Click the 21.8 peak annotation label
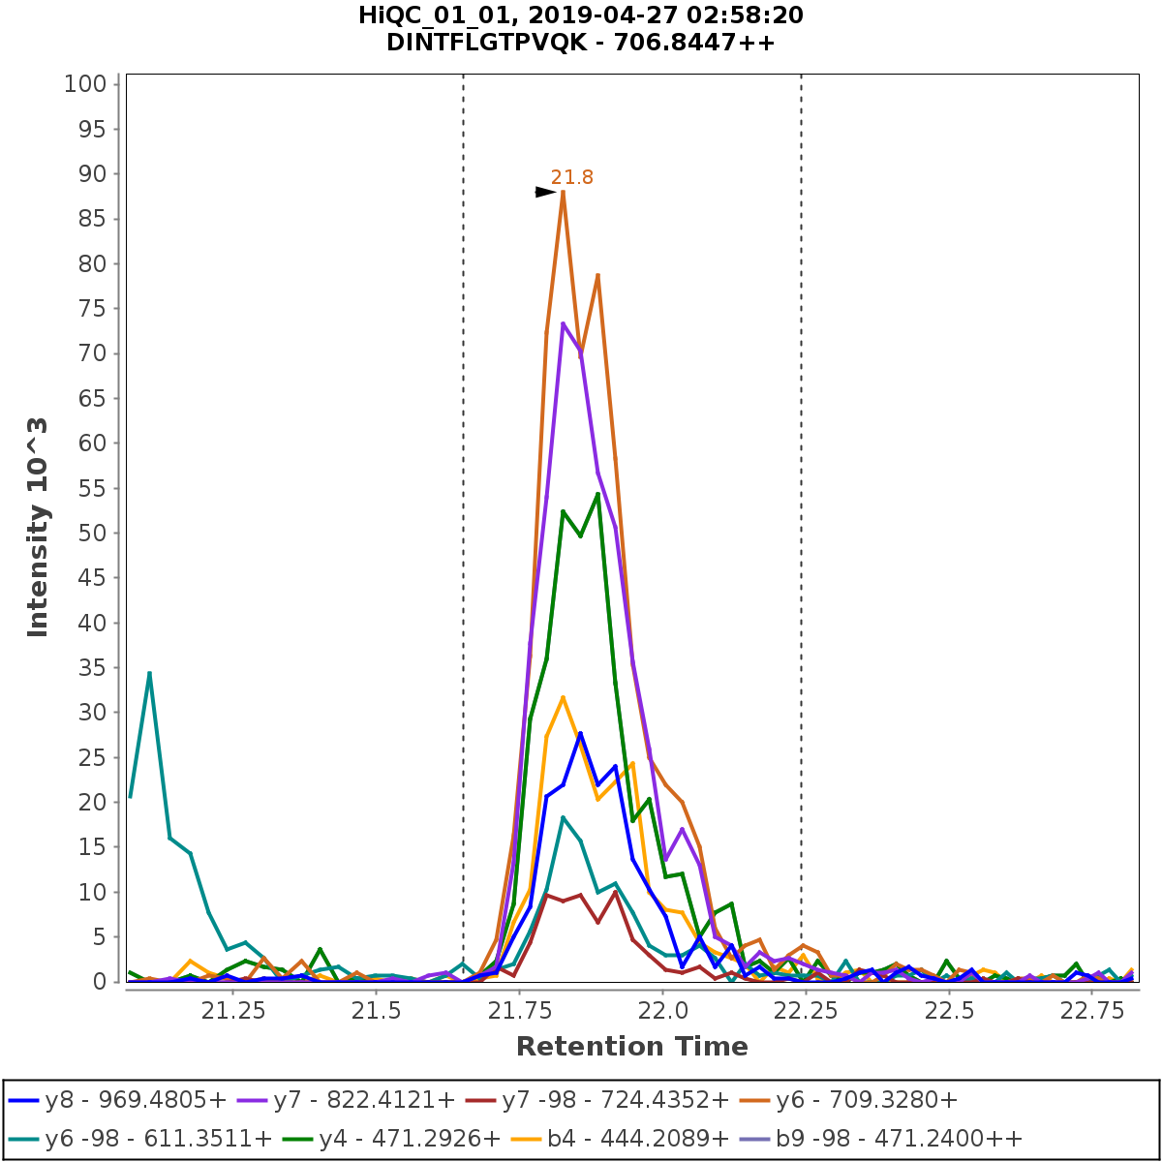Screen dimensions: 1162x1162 (571, 177)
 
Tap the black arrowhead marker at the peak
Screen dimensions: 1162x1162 (546, 192)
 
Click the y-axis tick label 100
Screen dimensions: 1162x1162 (84, 84)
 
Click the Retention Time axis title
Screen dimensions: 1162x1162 (631, 1047)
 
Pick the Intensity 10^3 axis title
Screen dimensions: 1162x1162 (39, 527)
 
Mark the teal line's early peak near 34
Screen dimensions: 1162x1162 (149, 673)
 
